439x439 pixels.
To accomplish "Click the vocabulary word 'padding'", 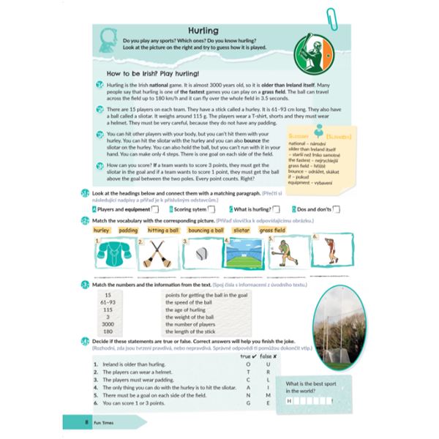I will point(128,229).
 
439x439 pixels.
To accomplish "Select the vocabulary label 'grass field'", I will point(273,229).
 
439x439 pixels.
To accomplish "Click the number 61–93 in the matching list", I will point(108,301).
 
